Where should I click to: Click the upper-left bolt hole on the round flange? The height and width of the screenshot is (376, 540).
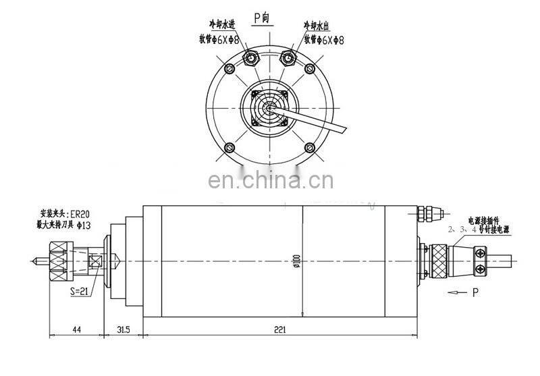pyautogui.click(x=229, y=68)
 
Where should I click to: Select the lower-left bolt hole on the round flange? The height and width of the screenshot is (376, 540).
pyautogui.click(x=229, y=148)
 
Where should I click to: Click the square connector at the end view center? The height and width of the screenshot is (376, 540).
pyautogui.click(x=269, y=108)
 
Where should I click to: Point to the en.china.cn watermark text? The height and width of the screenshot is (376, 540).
pyautogui.click(x=270, y=182)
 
